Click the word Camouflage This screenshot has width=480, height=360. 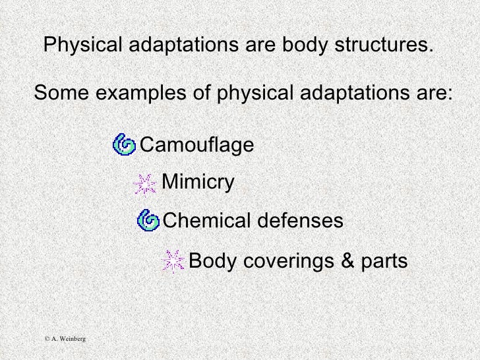pyautogui.click(x=197, y=144)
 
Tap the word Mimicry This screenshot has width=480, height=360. pyautogui.click(x=197, y=181)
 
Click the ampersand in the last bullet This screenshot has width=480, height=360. pyautogui.click(x=347, y=262)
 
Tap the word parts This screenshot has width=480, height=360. pyautogui.click(x=382, y=262)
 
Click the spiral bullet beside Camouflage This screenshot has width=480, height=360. pyautogui.click(x=124, y=144)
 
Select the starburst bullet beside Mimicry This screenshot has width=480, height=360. pyautogui.click(x=144, y=183)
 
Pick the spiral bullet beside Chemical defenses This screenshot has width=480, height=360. pyautogui.click(x=148, y=220)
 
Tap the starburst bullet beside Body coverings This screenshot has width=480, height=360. pyautogui.click(x=173, y=262)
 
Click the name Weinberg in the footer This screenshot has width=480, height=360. pyautogui.click(x=72, y=338)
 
